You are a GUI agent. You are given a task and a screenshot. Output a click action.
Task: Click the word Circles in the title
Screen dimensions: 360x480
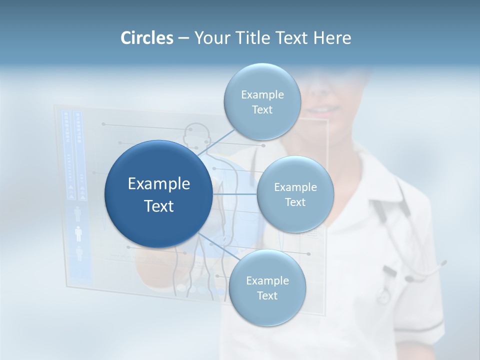click(146, 38)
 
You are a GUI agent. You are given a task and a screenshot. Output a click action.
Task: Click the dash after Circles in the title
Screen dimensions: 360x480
click(183, 38)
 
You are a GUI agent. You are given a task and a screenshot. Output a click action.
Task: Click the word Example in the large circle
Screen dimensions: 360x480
click(159, 184)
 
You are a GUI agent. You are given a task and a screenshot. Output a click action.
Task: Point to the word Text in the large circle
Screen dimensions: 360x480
click(159, 206)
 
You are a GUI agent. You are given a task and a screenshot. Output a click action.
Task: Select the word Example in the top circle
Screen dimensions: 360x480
click(262, 94)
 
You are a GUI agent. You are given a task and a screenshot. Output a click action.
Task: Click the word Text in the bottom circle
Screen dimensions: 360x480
click(267, 295)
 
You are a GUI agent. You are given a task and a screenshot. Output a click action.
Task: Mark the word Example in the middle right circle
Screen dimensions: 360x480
click(295, 187)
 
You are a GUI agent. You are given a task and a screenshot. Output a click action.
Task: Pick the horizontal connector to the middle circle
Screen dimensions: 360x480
click(234, 194)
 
